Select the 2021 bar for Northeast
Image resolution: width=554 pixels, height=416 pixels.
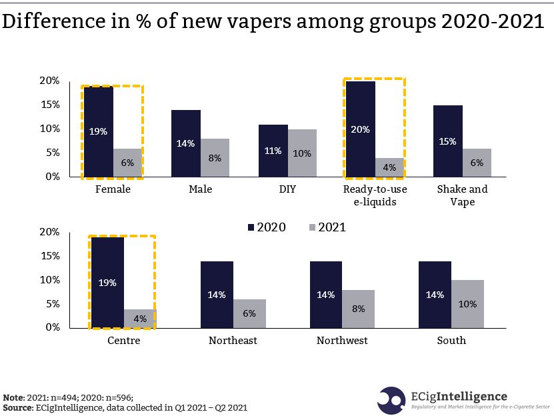point(249,313)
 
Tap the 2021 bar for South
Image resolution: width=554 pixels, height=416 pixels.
point(467,304)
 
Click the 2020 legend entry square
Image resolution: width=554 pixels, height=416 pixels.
point(251,227)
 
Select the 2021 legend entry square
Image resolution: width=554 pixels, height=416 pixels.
point(312,227)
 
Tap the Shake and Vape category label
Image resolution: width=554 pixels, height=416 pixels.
point(462,195)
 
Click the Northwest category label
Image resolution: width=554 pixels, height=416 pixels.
point(342,341)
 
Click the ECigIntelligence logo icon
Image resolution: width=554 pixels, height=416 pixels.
point(391,399)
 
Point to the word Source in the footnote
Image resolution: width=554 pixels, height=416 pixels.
point(19,407)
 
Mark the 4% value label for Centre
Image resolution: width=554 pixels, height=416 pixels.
point(139,319)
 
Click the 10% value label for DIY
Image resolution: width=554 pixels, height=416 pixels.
point(302,153)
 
